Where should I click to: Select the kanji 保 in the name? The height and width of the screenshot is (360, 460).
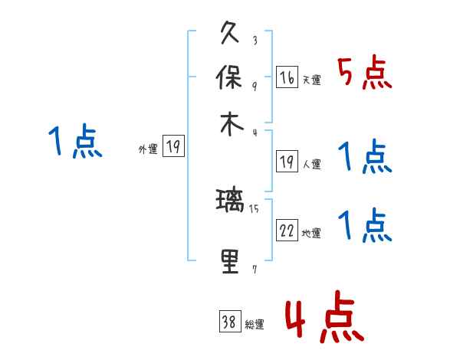point(231,79)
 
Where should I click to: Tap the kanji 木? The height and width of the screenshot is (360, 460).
point(231,124)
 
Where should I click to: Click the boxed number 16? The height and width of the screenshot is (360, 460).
point(287,77)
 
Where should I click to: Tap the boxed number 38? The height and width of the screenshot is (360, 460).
point(229,322)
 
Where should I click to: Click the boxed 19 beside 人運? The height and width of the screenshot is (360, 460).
point(287,162)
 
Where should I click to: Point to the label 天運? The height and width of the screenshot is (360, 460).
point(311,80)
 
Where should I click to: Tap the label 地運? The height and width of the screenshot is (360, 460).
point(311,233)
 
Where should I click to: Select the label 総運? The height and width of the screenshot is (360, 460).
point(255,325)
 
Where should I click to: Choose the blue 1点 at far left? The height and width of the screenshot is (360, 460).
point(76,142)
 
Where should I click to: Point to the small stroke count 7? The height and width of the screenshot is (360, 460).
point(255,269)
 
